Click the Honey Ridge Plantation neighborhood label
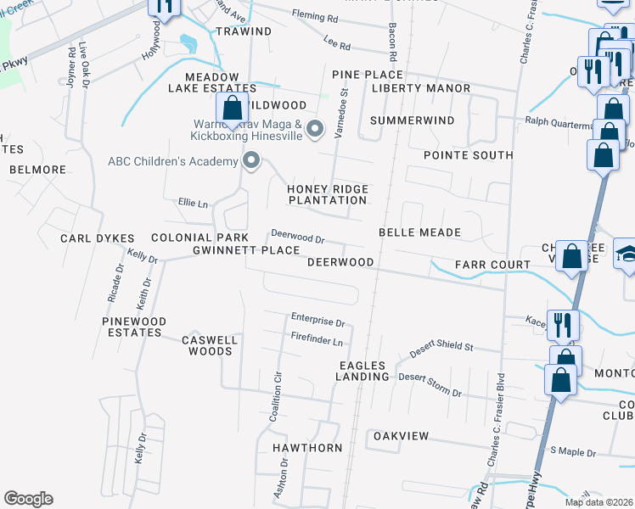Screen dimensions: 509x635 point(328,194)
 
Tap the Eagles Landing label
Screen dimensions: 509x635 point(363,370)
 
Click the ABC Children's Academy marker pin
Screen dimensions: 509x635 point(250,160)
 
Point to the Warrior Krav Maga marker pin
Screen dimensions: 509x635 point(315,130)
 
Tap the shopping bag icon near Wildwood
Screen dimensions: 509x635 point(232,109)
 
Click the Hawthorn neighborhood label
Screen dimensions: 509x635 point(307,447)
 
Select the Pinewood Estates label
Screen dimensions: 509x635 point(134,327)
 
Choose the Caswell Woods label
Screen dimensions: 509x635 point(209,345)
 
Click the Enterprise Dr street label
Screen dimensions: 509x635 point(317,322)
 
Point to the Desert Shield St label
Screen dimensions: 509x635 point(441,348)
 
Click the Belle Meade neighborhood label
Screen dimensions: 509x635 point(419,232)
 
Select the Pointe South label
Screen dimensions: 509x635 point(469,155)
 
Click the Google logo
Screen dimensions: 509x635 point(28,499)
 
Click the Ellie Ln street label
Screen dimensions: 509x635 point(193,204)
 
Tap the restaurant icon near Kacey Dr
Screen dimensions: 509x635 point(563,324)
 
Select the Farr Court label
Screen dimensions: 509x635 point(493,265)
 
